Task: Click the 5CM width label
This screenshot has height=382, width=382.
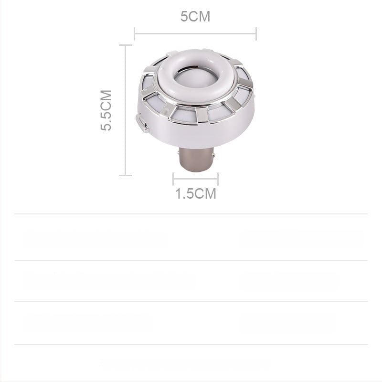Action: pyautogui.click(x=195, y=17)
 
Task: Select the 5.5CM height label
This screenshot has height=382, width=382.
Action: pyautogui.click(x=106, y=110)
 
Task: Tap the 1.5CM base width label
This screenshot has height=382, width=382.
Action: pyautogui.click(x=195, y=194)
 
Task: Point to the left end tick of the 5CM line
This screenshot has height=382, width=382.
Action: pyautogui.click(x=135, y=34)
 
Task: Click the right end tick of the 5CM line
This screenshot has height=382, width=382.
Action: pyautogui.click(x=256, y=34)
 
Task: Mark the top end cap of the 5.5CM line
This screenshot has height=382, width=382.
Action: pyautogui.click(x=125, y=45)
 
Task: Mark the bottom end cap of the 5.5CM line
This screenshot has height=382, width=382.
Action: pyautogui.click(x=125, y=175)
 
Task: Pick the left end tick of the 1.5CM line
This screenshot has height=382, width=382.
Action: pyautogui.click(x=173, y=179)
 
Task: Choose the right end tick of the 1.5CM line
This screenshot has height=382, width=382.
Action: pyautogui.click(x=218, y=179)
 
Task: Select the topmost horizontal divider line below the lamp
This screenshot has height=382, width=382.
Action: pyautogui.click(x=191, y=214)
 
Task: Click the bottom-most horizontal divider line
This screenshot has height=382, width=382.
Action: pyautogui.click(x=191, y=344)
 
